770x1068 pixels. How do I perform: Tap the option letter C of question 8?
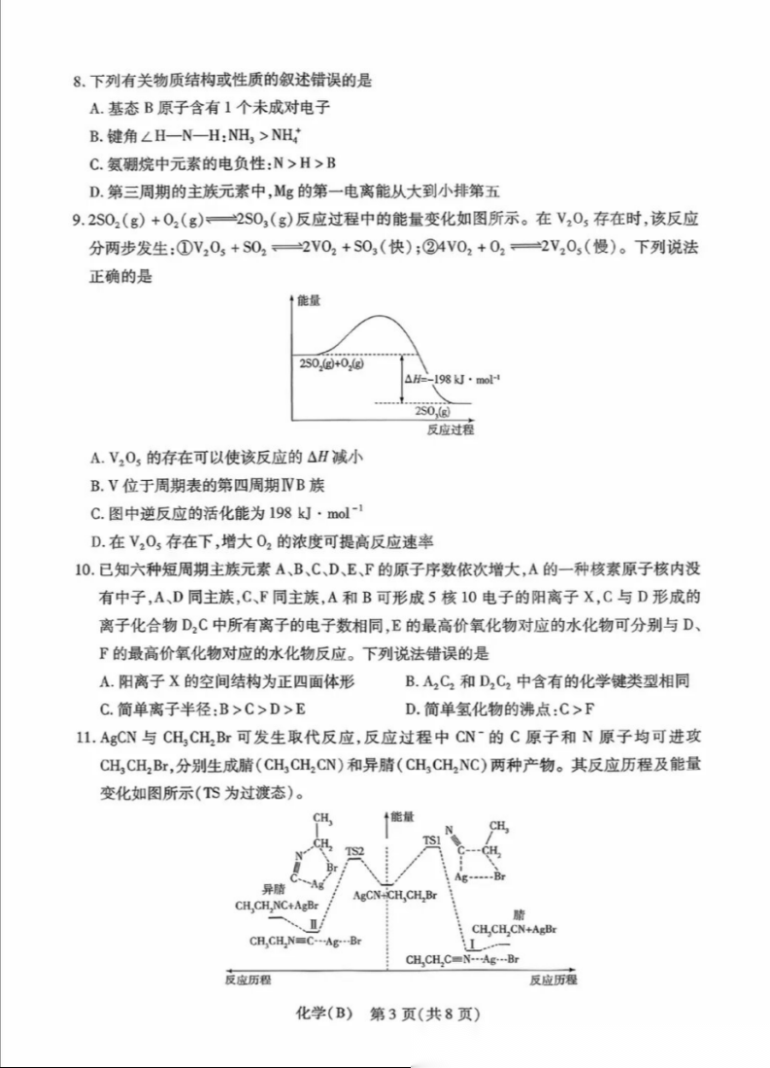95,162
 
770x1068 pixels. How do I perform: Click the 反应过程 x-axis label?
450,430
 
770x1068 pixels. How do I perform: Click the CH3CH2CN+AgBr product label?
515,930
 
